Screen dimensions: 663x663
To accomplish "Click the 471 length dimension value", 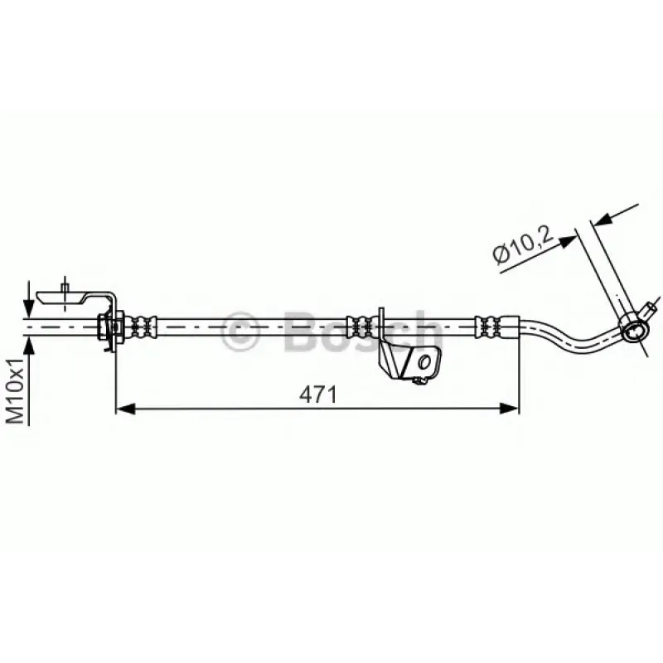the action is (x=318, y=395).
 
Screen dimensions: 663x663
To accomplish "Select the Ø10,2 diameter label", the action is (x=523, y=244).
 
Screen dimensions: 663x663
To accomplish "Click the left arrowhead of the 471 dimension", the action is (x=126, y=409).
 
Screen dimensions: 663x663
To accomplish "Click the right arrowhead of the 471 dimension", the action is (x=509, y=409).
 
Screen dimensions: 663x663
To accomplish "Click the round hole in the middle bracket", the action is (x=424, y=361).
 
